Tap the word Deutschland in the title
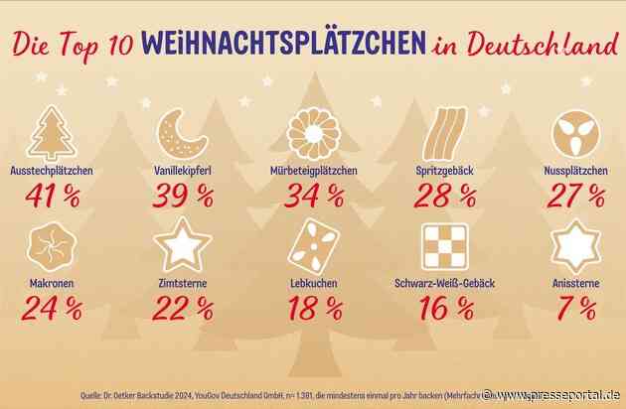tap(531, 45)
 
